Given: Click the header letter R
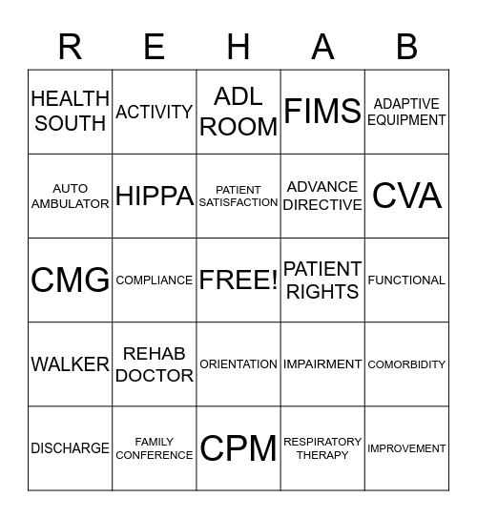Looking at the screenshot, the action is tap(70, 46).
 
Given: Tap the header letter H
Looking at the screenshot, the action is tap(238, 46).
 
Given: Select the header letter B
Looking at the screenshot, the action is tap(406, 46).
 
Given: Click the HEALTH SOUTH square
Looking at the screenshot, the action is tap(70, 112).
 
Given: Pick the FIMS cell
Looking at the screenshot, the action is tap(322, 112).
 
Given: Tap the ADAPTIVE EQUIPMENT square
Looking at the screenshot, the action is tap(406, 112).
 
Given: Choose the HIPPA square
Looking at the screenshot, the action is tap(155, 196).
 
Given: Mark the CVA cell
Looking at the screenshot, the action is tap(406, 196).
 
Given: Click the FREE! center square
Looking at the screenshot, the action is tap(238, 280).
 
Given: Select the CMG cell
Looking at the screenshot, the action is tap(70, 280).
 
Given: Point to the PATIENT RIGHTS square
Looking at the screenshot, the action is tap(322, 280).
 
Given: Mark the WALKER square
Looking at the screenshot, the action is tap(70, 364).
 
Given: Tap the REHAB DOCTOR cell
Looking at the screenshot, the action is tap(155, 364).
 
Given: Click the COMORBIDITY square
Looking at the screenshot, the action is tap(406, 364).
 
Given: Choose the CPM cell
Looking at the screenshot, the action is tap(238, 448).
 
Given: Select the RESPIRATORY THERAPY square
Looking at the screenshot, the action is tap(322, 448).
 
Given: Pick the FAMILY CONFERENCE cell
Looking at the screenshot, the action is tap(155, 448).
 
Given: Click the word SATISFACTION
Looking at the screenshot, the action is tap(238, 202).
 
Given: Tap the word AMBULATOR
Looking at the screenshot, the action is tap(70, 204).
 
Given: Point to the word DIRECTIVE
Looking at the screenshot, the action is tap(322, 205).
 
